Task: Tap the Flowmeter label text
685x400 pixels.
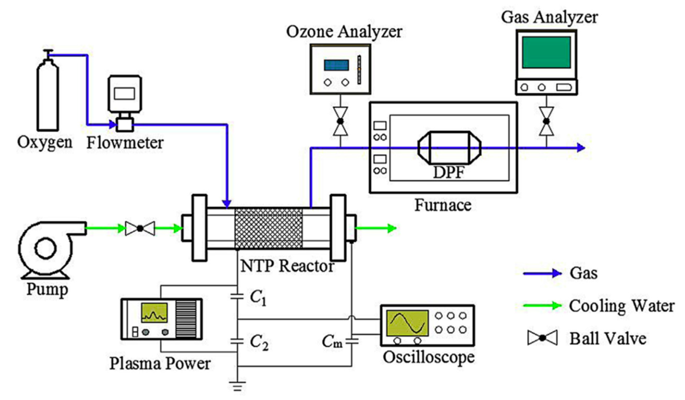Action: pyautogui.click(x=125, y=143)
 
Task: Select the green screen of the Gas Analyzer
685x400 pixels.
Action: pyautogui.click(x=546, y=53)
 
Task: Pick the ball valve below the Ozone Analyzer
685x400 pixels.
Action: pyautogui.click(x=340, y=121)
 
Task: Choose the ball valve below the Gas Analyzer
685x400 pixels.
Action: pyautogui.click(x=546, y=121)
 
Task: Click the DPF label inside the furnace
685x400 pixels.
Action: pyautogui.click(x=449, y=172)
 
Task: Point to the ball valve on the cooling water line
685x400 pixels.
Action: pyautogui.click(x=140, y=228)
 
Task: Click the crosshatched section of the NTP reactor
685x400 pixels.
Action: pyautogui.click(x=268, y=228)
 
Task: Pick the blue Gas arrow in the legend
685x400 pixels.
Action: pyautogui.click(x=542, y=273)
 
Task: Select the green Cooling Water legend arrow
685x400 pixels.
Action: pyautogui.click(x=542, y=306)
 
